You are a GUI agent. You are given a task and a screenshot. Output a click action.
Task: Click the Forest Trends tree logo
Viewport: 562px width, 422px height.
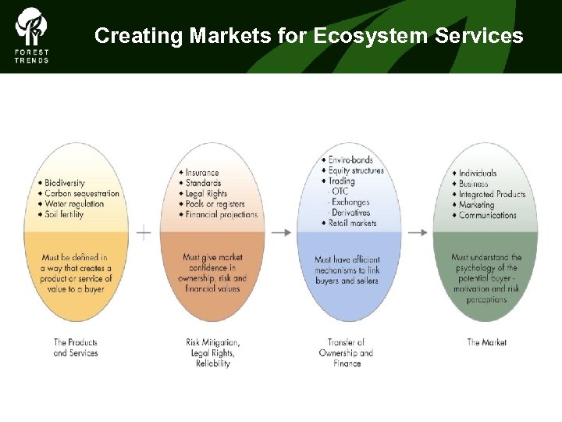[31, 27]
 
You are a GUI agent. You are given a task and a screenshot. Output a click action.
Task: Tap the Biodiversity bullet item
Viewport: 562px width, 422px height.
[65, 183]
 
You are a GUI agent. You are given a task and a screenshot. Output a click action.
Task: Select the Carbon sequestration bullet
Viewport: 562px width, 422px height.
[82, 194]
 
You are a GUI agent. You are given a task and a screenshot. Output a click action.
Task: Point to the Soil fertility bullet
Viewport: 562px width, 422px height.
[64, 215]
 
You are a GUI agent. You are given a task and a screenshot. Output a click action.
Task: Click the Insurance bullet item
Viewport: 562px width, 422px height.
[202, 173]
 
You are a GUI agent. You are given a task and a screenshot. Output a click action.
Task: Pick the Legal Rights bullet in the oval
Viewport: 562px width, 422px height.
[206, 194]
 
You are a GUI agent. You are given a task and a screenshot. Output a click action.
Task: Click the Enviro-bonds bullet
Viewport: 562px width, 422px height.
[352, 160]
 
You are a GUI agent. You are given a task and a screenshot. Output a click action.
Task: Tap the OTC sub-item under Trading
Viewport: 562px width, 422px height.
[340, 191]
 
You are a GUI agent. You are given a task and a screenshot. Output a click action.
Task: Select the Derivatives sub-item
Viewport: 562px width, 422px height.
[350, 213]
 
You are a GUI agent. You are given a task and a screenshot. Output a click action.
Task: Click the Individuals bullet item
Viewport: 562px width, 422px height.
[478, 173]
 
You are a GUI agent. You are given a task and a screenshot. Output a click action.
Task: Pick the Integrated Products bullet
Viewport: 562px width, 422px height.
[492, 194]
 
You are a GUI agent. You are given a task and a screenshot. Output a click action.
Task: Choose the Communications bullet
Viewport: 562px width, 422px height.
[487, 215]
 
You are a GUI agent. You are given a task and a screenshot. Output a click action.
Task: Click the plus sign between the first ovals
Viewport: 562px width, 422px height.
[144, 232]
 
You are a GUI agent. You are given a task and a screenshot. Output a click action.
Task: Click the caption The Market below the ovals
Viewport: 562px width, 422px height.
[486, 342]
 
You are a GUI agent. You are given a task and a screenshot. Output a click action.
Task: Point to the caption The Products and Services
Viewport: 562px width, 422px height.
[76, 348]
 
